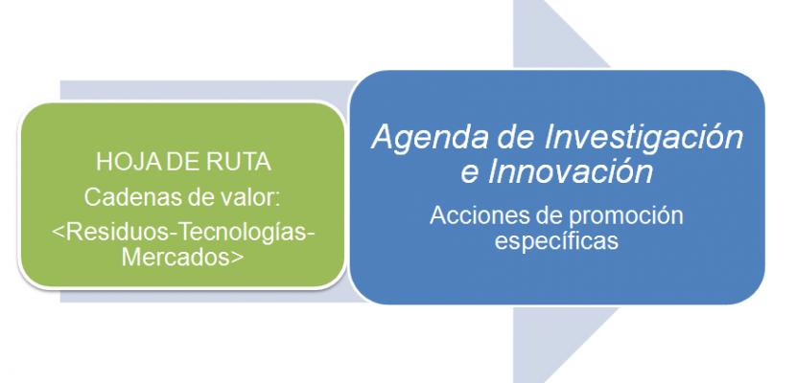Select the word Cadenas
124,196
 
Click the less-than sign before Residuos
59,233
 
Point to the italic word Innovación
571,172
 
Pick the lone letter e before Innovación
470,175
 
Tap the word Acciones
476,216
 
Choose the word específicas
557,240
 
